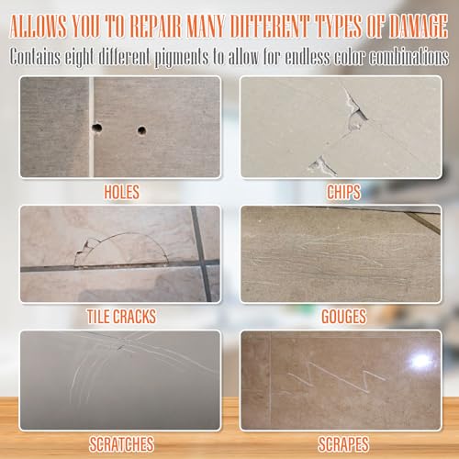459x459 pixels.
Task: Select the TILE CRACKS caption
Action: pos(121,317)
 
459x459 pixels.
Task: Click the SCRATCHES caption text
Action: pos(121,442)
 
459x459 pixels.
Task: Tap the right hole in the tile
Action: pos(141,130)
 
